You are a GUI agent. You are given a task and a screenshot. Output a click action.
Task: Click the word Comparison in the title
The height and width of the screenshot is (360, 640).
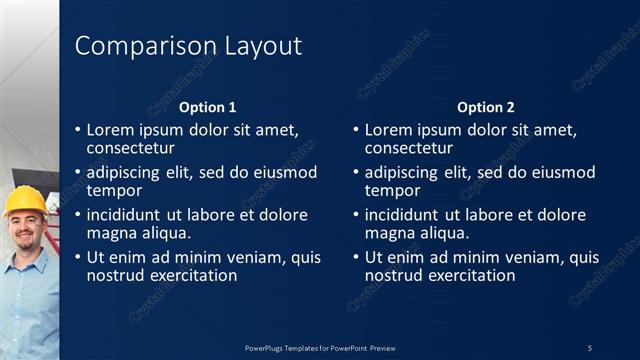[x=135, y=46]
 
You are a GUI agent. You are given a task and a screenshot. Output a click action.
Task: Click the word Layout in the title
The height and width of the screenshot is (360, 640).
[x=251, y=46]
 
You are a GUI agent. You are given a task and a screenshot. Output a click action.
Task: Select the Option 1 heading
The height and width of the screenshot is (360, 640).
[x=208, y=107]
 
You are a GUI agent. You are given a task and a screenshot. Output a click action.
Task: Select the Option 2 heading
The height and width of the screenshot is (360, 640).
[x=486, y=107]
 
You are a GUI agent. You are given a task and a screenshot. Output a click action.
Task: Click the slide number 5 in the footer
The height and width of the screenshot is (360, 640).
[x=590, y=347]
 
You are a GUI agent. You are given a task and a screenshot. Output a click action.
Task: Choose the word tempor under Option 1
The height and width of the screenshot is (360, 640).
[x=114, y=190]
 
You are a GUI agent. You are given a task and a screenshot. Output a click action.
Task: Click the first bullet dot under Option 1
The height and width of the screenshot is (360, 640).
[x=78, y=130]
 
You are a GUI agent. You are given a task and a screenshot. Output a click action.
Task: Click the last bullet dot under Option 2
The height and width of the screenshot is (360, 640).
[x=356, y=258]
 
